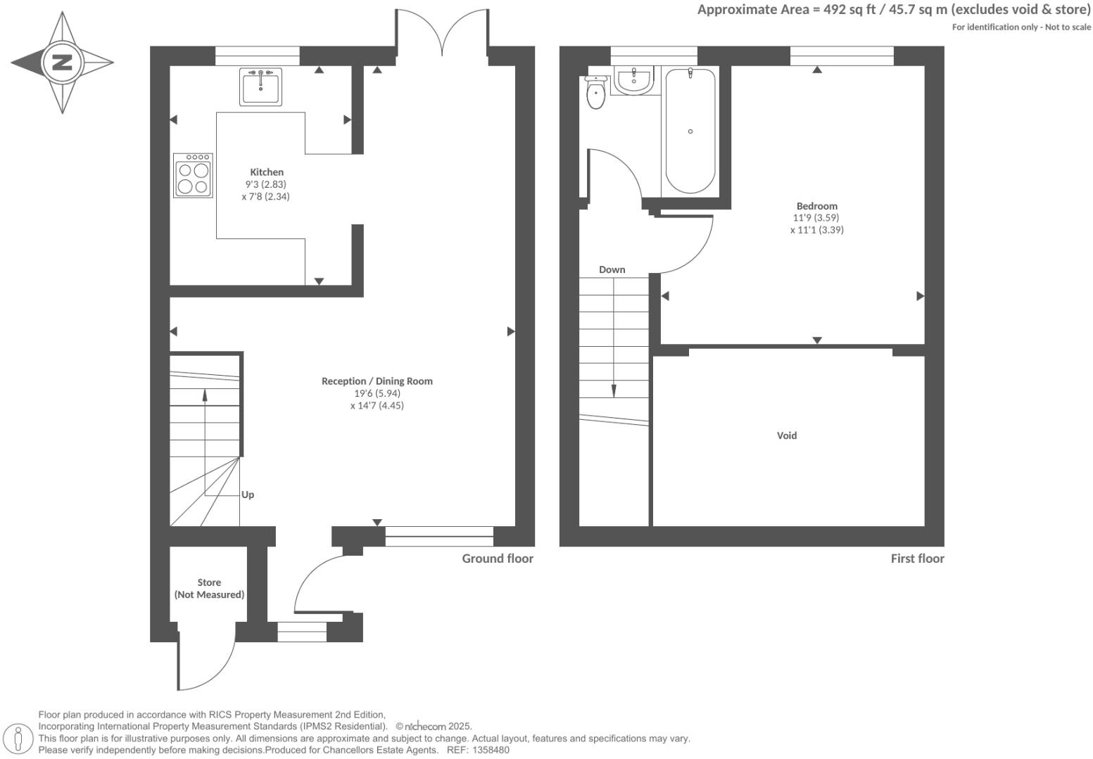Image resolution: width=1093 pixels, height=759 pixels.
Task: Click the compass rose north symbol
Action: [x=62, y=63]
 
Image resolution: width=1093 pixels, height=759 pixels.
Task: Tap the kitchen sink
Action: [x=260, y=87]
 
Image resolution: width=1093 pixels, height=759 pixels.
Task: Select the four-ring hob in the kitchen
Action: [x=193, y=176]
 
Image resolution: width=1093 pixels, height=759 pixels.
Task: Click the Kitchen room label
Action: [x=267, y=172]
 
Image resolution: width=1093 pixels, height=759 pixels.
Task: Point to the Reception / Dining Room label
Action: [x=377, y=381]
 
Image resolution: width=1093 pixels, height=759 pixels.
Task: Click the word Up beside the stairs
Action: [x=248, y=495]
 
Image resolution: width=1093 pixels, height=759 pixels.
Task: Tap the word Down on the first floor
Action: [x=612, y=269]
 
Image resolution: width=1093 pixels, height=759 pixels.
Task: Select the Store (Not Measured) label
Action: [x=209, y=589]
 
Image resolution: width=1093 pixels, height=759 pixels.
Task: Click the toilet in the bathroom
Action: [x=595, y=93]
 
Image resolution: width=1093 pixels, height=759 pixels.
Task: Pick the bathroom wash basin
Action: [x=634, y=80]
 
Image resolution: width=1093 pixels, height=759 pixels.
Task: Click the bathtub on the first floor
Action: [x=690, y=131]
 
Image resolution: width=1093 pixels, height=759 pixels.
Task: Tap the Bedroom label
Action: [x=816, y=206]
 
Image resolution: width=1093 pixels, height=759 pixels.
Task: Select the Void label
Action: [x=786, y=435]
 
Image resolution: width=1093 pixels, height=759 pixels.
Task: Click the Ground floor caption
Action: [x=497, y=559]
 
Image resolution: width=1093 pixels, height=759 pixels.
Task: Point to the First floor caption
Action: [x=916, y=559]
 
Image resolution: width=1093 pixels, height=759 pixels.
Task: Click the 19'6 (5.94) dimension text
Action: [x=377, y=393]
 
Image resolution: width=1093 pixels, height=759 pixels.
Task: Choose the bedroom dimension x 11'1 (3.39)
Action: [x=816, y=230]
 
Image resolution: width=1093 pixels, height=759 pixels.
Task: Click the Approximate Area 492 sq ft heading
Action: [x=893, y=10]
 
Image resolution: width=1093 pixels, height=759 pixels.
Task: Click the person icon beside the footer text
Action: [x=18, y=739]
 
